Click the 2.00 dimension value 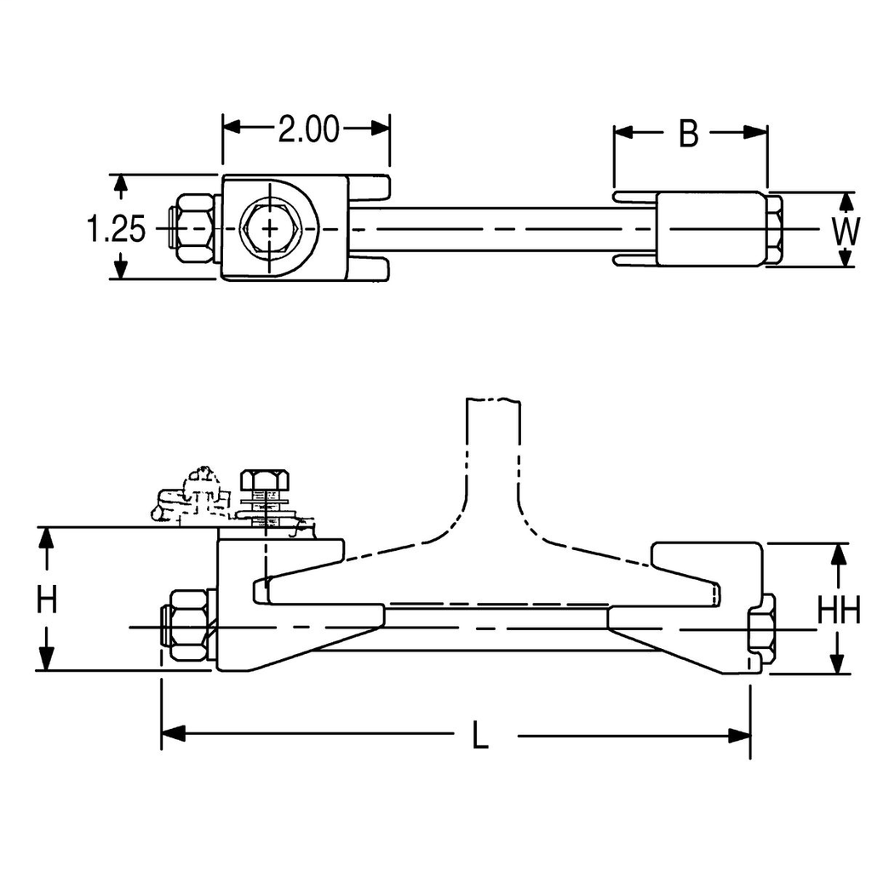point(308,130)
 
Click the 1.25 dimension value point(116,228)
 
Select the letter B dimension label point(688,133)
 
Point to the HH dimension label point(839,610)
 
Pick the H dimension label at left point(47,599)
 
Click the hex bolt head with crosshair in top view point(269,228)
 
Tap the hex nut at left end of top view point(192,228)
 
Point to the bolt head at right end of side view point(760,630)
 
